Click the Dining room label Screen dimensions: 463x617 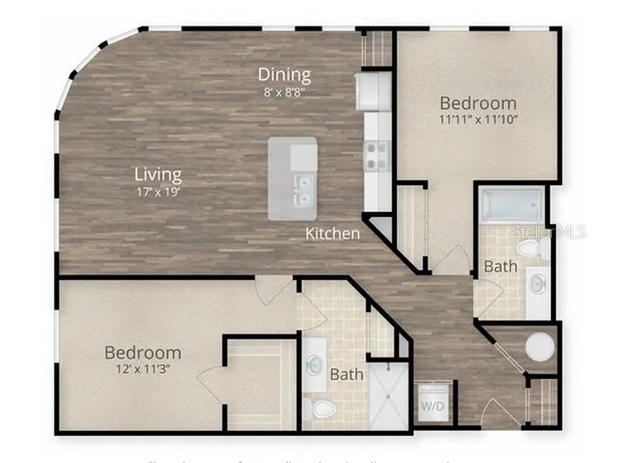tap(285, 74)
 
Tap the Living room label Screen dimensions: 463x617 tap(158, 174)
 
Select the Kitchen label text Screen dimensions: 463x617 tap(332, 234)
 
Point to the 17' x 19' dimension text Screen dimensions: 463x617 tap(158, 191)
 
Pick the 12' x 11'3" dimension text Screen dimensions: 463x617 tap(142, 369)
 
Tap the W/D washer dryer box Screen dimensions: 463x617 tap(434, 404)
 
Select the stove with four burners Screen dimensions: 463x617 tap(376, 155)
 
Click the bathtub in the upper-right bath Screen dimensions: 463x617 tap(512, 206)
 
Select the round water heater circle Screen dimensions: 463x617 tap(540, 347)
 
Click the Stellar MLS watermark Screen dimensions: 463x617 tap(549, 231)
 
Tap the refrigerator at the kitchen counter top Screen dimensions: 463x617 tap(374, 91)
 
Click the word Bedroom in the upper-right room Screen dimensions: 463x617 tap(478, 103)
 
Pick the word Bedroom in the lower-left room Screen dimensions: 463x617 tap(143, 352)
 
